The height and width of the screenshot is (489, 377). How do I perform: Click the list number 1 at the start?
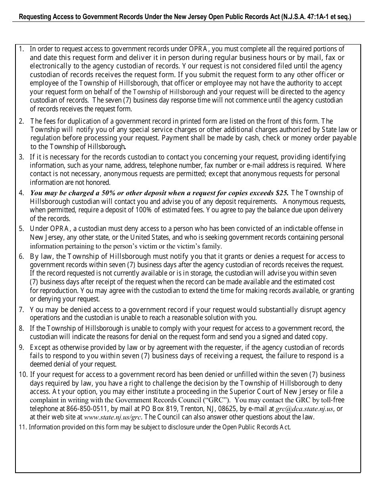click(x=21, y=49)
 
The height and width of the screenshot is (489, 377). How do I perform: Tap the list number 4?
click(x=21, y=193)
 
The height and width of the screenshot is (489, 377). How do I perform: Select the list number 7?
click(x=21, y=310)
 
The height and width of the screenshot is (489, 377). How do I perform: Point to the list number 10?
click(x=23, y=375)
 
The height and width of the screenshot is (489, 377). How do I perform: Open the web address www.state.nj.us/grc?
click(x=112, y=417)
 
